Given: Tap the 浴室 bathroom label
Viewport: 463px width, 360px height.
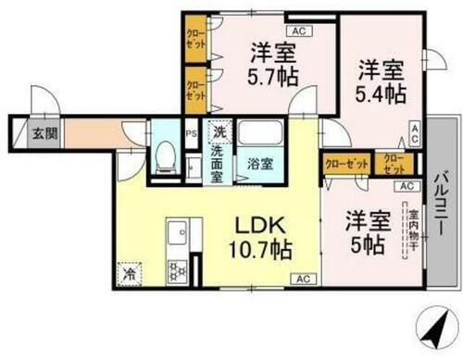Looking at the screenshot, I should coord(259,164).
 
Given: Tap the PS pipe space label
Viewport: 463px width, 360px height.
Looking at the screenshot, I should coord(191,131).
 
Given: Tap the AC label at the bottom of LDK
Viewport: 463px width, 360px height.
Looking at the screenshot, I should coord(302,278).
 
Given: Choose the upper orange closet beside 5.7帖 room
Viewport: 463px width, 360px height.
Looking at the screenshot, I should coord(194,38).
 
